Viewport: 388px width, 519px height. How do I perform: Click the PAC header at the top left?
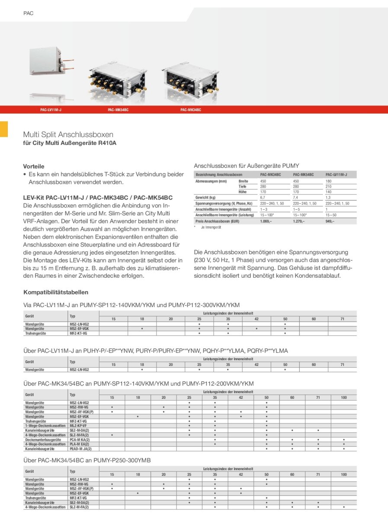29,13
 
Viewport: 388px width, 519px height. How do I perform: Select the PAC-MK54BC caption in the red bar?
118,110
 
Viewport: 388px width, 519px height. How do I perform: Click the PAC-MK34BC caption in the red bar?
191,110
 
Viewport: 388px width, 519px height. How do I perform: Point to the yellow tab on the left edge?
4,129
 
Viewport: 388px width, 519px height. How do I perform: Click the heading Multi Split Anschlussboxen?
68,135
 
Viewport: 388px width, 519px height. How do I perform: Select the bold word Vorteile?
34,166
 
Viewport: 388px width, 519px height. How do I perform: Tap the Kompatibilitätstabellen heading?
56,292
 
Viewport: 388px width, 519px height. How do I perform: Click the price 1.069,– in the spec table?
266,221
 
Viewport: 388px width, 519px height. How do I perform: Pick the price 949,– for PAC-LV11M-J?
330,221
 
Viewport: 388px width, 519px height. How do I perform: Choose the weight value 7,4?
296,197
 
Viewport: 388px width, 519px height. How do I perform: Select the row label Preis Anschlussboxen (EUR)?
217,221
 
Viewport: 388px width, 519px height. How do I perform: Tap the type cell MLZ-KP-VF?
78,426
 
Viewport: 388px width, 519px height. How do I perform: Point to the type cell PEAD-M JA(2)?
80,449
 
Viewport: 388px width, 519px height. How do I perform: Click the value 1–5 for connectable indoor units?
297,209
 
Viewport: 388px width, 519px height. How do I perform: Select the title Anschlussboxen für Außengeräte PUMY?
247,166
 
